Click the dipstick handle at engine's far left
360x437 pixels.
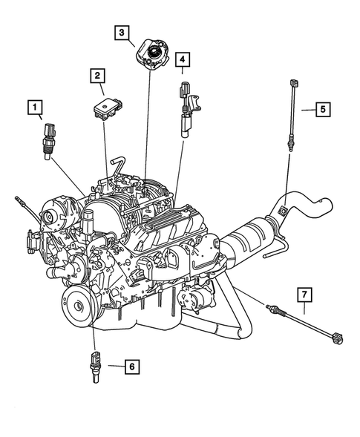tap(18, 200)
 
